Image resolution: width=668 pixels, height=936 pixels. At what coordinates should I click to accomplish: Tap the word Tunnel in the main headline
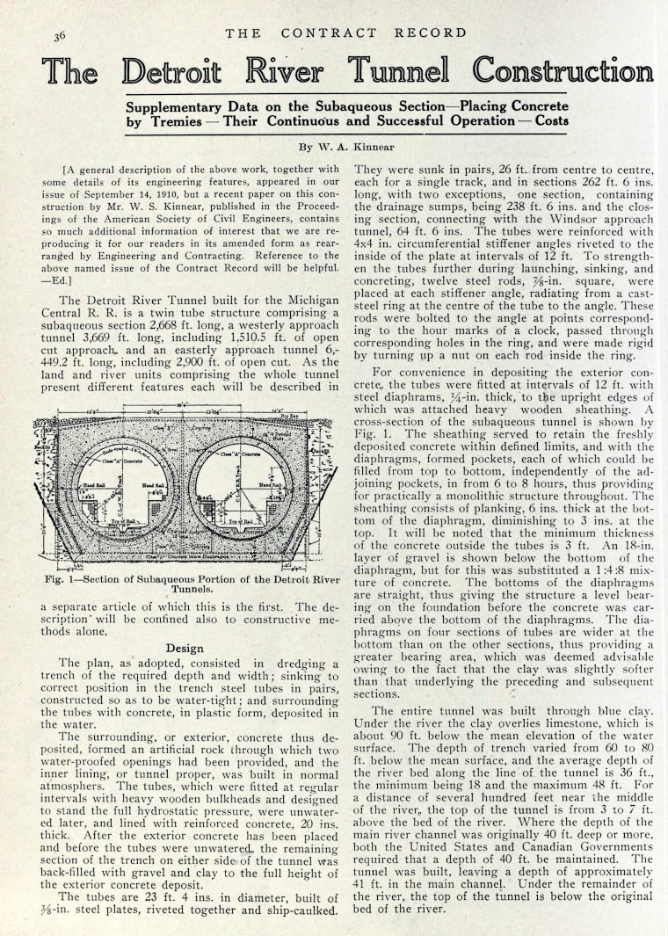(x=398, y=70)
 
